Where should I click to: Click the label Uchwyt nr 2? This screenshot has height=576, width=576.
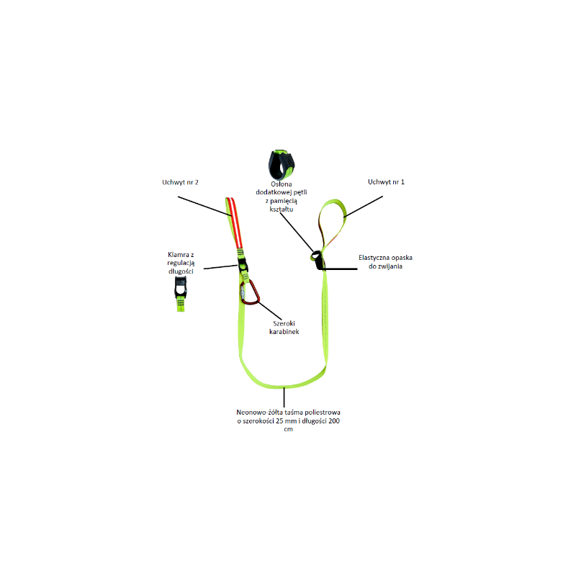(x=180, y=182)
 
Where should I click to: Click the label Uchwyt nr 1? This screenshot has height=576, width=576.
(x=386, y=182)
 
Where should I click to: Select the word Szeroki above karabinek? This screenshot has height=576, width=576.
(x=284, y=323)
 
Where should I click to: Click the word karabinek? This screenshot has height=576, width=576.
(x=284, y=332)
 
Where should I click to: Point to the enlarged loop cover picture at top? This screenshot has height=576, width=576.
(x=282, y=164)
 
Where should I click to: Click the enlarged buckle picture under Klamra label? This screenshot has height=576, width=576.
(x=181, y=294)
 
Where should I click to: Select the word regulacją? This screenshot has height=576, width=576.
(x=181, y=263)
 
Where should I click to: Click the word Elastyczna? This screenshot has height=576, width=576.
(x=374, y=258)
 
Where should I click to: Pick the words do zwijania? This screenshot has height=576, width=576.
(x=385, y=266)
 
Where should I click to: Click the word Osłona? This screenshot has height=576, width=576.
(x=282, y=184)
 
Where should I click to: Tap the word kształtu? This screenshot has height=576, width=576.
(x=282, y=210)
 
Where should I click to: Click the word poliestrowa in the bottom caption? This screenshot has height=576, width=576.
(x=323, y=413)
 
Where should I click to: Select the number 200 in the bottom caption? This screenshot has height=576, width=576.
(x=334, y=421)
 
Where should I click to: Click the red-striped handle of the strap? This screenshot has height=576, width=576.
(x=235, y=223)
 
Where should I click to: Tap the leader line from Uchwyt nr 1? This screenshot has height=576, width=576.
(x=364, y=207)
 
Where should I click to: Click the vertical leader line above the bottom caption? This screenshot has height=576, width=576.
(x=284, y=397)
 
